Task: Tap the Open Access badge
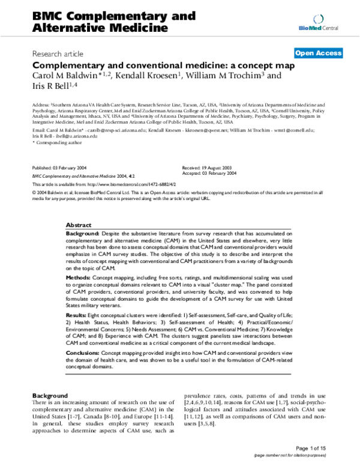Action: pyautogui.click(x=319, y=53)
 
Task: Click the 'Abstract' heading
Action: pyautogui.click(x=78, y=223)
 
